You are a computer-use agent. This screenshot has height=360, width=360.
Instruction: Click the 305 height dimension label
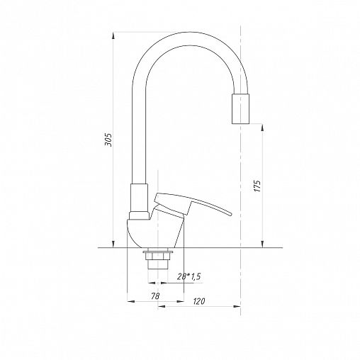pyautogui.click(x=108, y=140)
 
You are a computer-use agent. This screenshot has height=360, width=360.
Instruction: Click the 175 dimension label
pyautogui.click(x=258, y=186)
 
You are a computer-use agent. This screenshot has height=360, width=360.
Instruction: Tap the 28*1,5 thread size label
pyautogui.click(x=189, y=276)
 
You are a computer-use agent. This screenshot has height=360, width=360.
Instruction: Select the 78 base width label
pyautogui.click(x=155, y=296)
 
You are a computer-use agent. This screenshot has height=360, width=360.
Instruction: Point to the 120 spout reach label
pyautogui.click(x=199, y=301)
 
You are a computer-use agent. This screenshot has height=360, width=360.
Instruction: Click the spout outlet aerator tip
pyautogui.click(x=240, y=108)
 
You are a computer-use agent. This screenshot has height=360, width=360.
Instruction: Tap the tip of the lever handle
pyautogui.click(x=230, y=213)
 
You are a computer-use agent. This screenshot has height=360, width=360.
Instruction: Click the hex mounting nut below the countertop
pyautogui.click(x=158, y=256)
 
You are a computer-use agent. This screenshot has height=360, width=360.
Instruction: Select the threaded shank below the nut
pyautogui.click(x=158, y=264)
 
